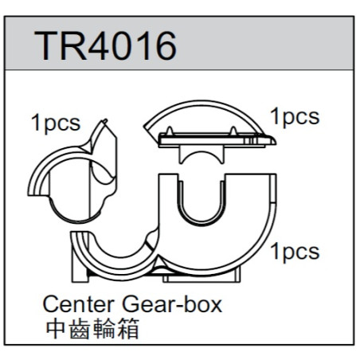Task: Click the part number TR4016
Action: pos(105,45)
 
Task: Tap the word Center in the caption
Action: pos(79,304)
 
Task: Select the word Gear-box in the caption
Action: pos(172,304)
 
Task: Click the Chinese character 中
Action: pos(56,329)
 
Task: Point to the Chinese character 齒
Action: pos(80,329)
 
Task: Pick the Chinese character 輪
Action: pos(104,329)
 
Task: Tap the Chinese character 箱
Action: pos(128,329)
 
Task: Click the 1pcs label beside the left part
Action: pos(56,123)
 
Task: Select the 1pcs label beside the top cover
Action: pos(295,117)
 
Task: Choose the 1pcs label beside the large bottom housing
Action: pos(295,252)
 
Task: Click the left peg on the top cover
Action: pos(170,131)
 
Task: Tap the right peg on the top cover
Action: pos(233,131)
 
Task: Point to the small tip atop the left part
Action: pos(104,121)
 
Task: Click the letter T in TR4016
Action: pos(47,46)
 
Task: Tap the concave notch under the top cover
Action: pos(202,155)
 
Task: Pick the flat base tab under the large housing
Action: pos(202,278)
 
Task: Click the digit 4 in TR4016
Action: pos(100,46)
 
